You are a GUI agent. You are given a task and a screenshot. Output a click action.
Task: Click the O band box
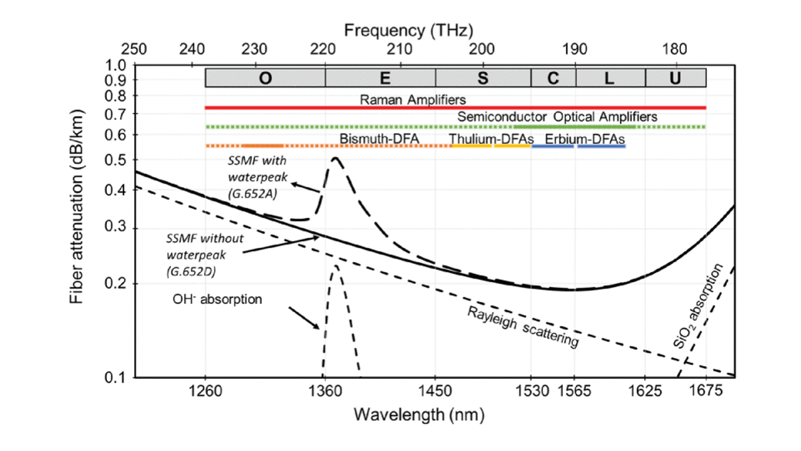click(264, 78)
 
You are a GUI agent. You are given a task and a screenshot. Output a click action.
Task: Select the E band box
click(380, 78)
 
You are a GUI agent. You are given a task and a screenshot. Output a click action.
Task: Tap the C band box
click(553, 78)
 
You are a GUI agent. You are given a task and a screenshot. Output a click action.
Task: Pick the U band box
click(676, 78)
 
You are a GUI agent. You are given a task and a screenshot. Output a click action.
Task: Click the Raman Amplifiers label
click(413, 100)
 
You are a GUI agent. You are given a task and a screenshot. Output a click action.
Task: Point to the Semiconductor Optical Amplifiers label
click(557, 117)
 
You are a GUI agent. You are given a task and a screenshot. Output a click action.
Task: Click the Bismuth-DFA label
click(378, 138)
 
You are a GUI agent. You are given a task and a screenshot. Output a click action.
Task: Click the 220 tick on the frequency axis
click(324, 49)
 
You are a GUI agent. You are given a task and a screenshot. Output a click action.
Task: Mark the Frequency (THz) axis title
click(409, 30)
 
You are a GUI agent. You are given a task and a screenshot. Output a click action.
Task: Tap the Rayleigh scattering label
click(523, 327)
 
